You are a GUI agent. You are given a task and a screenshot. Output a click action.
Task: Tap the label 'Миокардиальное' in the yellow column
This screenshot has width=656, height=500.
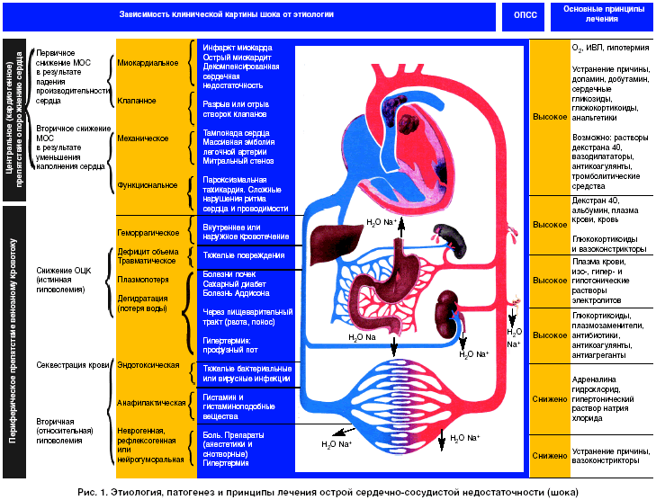tap(148, 63)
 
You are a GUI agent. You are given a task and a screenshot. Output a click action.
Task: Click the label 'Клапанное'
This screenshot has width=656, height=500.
tap(137, 101)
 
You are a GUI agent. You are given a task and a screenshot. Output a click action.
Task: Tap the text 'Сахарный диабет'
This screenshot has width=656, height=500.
tap(236, 283)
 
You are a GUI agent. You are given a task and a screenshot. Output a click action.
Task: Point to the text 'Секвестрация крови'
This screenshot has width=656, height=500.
tap(71, 366)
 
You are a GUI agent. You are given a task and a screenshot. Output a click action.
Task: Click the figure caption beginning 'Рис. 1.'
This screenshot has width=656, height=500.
tap(328, 491)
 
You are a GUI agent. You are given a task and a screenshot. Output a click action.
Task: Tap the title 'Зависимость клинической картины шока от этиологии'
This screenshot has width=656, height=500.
tap(225, 15)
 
